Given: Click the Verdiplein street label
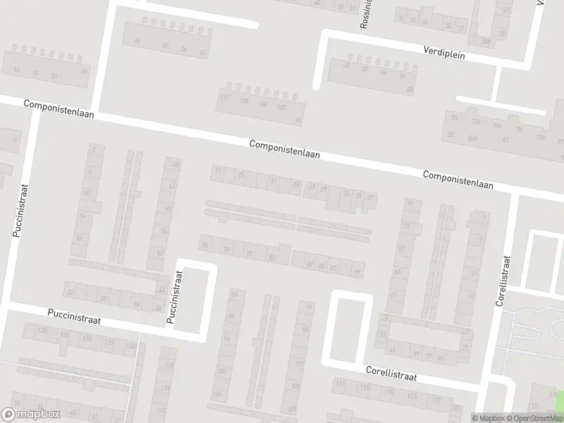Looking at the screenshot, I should click(445, 51).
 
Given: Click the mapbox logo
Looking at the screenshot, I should click(31, 415).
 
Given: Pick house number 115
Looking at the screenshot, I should click(364, 388).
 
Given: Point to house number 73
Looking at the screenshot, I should click(405, 226).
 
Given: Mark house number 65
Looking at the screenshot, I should click(397, 272).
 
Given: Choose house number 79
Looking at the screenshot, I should click(357, 273).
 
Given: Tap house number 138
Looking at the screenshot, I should click(42, 330).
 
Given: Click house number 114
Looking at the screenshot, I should click(165, 388).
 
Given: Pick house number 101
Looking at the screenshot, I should click(299, 364).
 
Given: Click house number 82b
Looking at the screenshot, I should click(473, 138).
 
